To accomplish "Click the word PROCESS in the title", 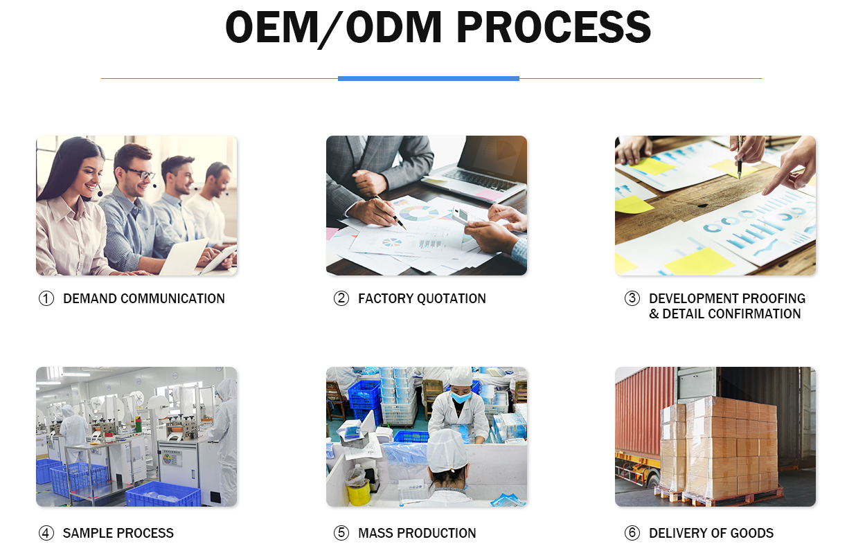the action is coord(554,27).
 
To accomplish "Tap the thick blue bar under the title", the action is coord(429,79).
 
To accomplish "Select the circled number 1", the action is coord(46,299).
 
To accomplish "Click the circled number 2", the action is coord(341,298).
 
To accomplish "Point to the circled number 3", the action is coord(632,298).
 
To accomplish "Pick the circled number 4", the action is coord(46,533).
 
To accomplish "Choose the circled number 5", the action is coord(341,533).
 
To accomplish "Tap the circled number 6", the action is coord(632,533).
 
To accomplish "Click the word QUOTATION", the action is coord(452,299).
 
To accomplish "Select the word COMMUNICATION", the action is coord(172,299).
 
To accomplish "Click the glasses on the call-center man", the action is coord(141,174).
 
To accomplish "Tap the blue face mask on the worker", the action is coord(461,397).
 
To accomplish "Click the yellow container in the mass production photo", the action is coord(359,493).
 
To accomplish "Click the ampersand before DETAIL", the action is coord(654,314).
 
